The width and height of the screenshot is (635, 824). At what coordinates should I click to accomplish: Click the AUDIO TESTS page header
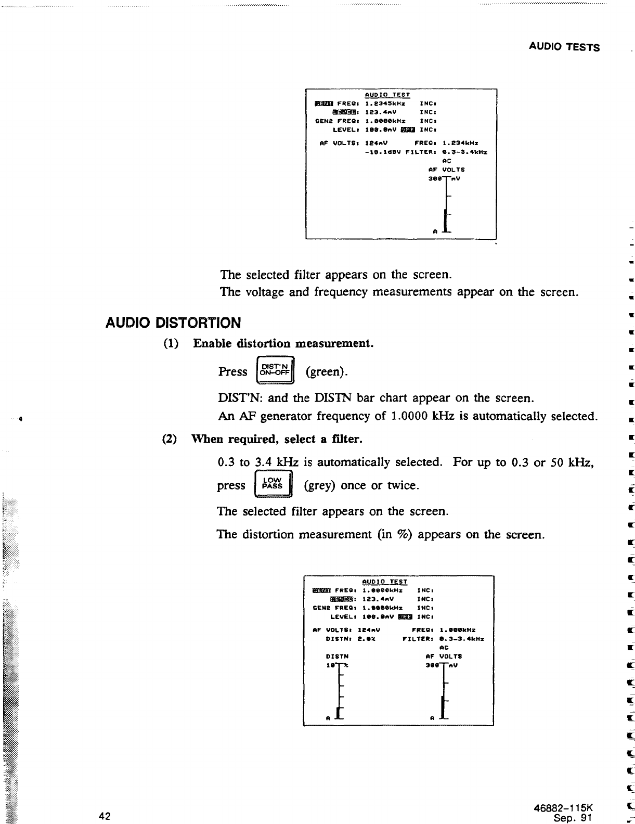pyautogui.click(x=564, y=47)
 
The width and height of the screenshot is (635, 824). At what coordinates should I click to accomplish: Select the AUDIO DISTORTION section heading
pyautogui.click(x=173, y=323)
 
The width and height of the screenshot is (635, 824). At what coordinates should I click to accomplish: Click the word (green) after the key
pyautogui.click(x=327, y=372)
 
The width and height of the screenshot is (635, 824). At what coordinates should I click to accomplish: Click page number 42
pyautogui.click(x=105, y=816)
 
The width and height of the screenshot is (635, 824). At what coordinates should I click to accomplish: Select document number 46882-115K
pyautogui.click(x=563, y=808)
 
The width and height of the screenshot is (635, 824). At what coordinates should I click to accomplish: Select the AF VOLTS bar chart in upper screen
pyautogui.click(x=446, y=205)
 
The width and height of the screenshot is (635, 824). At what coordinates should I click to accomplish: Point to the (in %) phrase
pyautogui.click(x=395, y=535)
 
